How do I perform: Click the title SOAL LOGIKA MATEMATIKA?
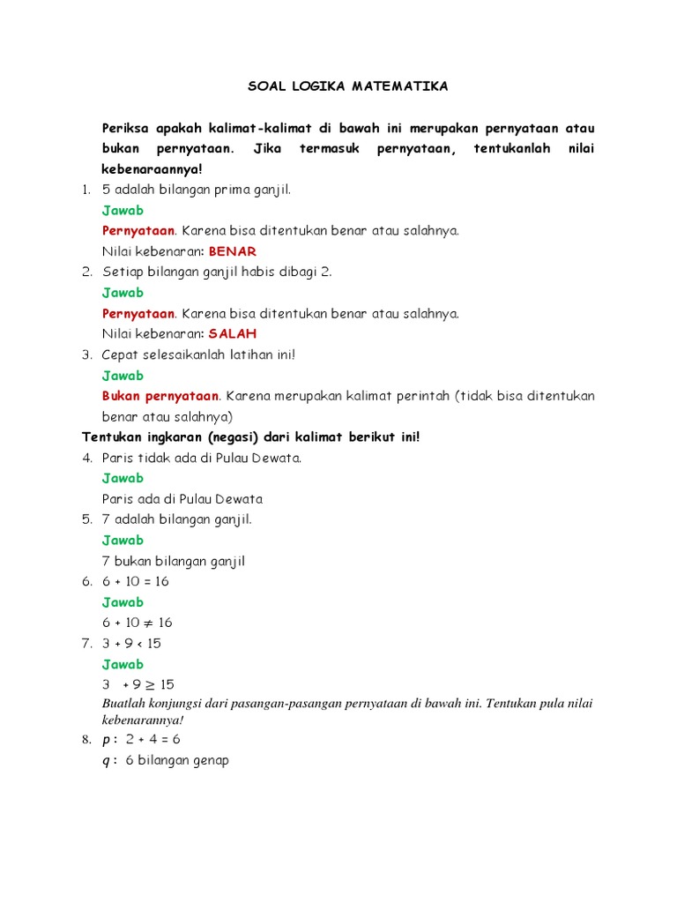click(346, 86)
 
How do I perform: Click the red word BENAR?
click(232, 251)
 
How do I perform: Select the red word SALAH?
click(233, 334)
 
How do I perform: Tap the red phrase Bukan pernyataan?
click(160, 396)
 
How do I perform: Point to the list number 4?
click(87, 458)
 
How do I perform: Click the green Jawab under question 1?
click(123, 211)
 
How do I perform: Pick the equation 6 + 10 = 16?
click(136, 582)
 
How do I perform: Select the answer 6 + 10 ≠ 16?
click(138, 623)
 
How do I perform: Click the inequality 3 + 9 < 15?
click(132, 644)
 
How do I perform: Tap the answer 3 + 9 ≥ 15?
click(138, 684)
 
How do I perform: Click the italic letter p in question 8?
click(107, 739)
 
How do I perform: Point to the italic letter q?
click(107, 760)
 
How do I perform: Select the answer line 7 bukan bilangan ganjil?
click(174, 561)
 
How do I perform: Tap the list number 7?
click(87, 644)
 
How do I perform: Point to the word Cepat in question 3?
click(121, 354)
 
